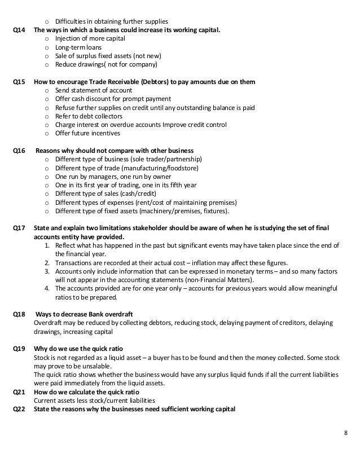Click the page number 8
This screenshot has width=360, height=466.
[x=345, y=433]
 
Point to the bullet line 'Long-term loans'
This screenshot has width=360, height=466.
[x=78, y=47]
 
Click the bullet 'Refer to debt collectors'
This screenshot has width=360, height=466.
[x=89, y=116]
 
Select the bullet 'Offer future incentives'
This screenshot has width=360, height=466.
[x=87, y=134]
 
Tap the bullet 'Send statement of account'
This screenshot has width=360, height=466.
[x=94, y=90]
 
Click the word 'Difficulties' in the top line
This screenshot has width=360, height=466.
[x=72, y=21]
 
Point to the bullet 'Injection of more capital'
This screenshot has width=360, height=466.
[x=90, y=38]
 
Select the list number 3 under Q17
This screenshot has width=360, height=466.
[x=48, y=271]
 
